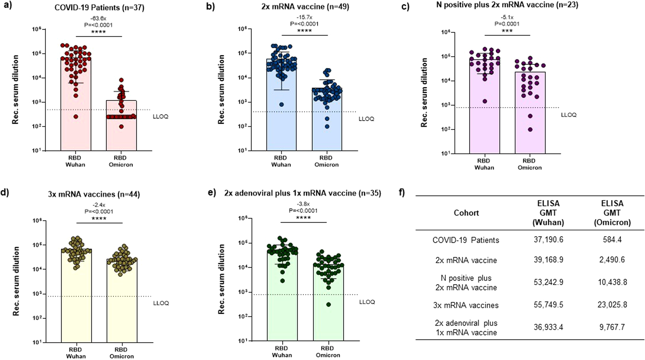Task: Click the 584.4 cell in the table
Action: [612, 240]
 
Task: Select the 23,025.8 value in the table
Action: [612, 305]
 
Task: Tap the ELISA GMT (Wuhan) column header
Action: [548, 213]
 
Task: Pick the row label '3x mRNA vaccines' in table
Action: [466, 305]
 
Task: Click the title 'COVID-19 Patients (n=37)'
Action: [99, 7]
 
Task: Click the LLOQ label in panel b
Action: [366, 119]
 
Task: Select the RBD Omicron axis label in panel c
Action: [529, 164]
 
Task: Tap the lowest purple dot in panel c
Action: [530, 130]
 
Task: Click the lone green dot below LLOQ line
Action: [328, 304]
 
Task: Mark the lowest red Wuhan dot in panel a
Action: [76, 116]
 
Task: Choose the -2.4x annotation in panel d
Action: [99, 205]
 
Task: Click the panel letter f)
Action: [402, 193]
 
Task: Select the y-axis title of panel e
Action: [221, 279]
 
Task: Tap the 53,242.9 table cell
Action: [548, 282]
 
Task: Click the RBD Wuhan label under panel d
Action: [76, 353]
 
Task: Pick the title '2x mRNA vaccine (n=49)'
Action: [305, 6]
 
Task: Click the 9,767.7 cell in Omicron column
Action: [612, 327]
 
